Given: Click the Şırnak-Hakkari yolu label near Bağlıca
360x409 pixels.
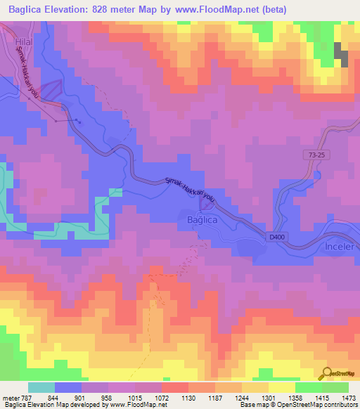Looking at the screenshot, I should tap(189, 189).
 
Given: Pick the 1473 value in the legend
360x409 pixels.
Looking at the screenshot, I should tap(340, 398).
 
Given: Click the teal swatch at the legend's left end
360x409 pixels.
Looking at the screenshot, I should tap(41, 387).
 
